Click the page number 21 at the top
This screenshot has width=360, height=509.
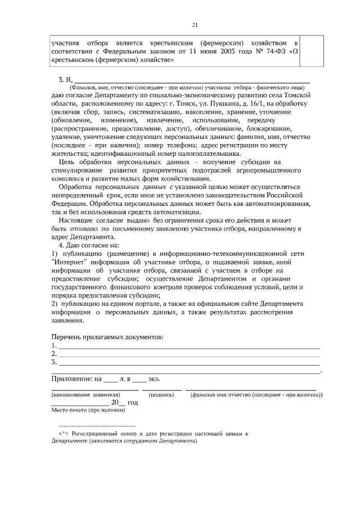coord(195,24)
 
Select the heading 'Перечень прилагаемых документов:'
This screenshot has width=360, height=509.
coord(107,336)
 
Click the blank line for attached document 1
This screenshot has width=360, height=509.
coord(188,346)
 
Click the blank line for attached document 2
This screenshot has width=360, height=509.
coord(188,355)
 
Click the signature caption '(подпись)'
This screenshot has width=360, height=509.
coord(161,395)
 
